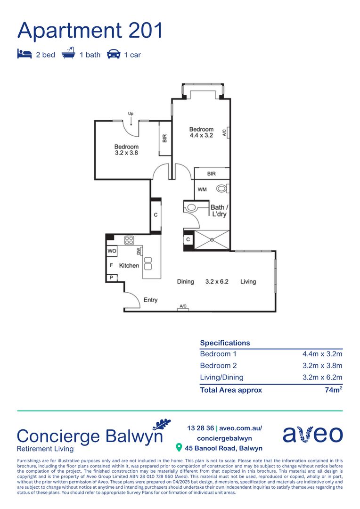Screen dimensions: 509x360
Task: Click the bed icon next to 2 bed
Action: tap(25, 54)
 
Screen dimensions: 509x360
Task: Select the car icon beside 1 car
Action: tap(114, 54)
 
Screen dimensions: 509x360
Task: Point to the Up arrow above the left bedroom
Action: tap(131, 121)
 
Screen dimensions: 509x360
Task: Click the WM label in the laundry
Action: tap(202, 189)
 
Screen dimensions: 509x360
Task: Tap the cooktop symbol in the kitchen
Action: tap(129, 240)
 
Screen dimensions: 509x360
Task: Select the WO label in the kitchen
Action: tap(112, 251)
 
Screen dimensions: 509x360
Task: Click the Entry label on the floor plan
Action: tap(150, 300)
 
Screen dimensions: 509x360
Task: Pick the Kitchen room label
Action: tap(129, 266)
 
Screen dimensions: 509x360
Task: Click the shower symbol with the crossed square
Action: tap(212, 240)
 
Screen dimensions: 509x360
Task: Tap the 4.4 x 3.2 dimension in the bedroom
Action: tap(201, 135)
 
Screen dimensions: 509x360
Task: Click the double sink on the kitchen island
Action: tap(148, 263)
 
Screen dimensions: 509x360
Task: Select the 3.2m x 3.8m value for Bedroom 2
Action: tap(322, 366)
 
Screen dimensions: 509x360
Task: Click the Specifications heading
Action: tap(225, 343)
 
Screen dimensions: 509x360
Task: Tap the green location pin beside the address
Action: tap(179, 447)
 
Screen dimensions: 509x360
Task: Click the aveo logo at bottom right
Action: tap(312, 434)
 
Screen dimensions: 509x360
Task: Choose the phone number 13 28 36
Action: tap(200, 428)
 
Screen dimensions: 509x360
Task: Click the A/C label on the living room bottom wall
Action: tap(183, 307)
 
